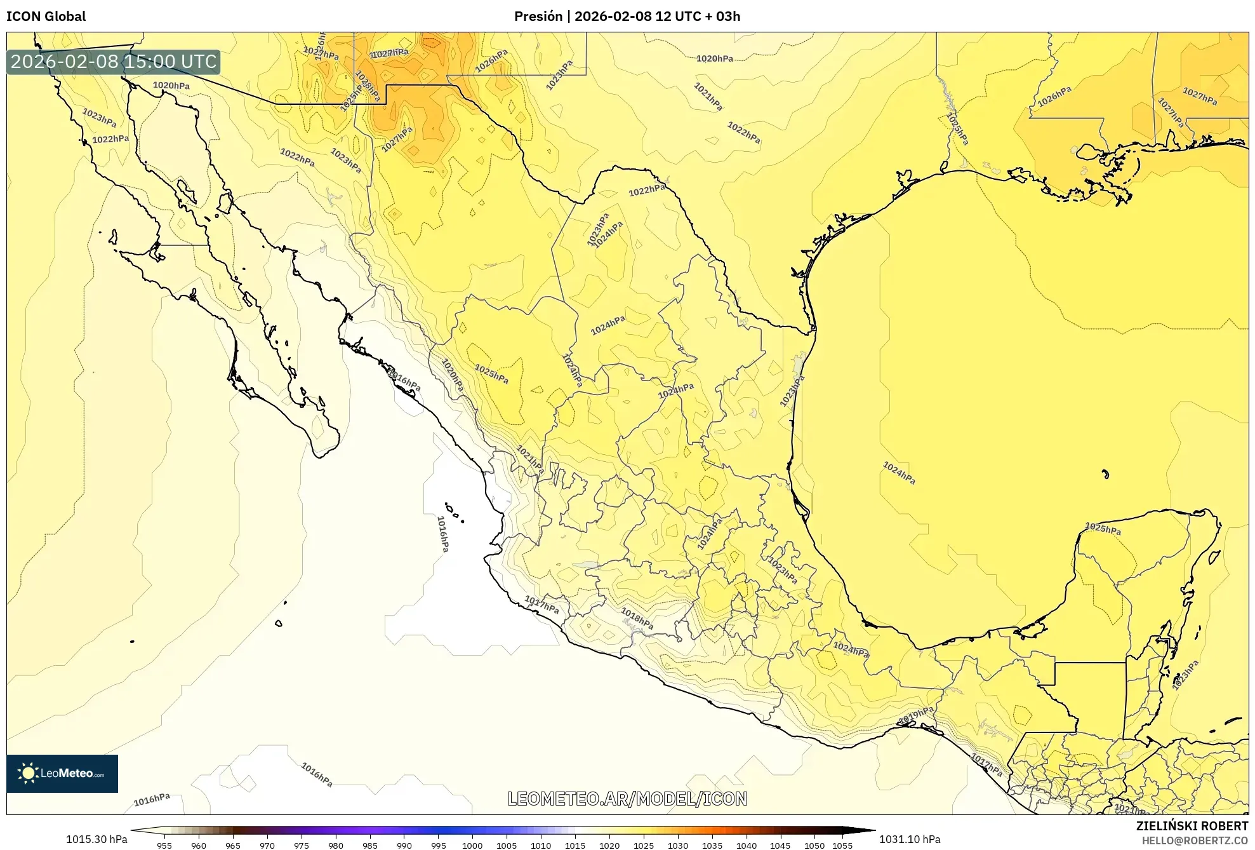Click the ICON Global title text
point(46,17)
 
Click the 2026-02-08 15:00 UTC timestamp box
point(114,62)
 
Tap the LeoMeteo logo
point(62,773)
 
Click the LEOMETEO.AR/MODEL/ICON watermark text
point(627,799)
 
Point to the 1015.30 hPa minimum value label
point(96,839)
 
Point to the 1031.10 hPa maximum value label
point(909,839)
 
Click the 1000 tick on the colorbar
point(472,846)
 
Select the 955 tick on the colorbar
point(164,846)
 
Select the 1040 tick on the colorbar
point(746,846)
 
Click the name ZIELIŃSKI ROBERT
point(1192,826)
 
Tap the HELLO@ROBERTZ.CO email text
point(1195,840)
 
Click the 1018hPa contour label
point(637,618)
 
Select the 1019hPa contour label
point(915,715)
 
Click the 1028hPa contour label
point(367,86)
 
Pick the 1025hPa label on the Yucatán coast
point(1103,529)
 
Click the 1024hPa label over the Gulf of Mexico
point(899,473)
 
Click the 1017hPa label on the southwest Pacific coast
point(541,604)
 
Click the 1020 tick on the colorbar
point(609,846)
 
